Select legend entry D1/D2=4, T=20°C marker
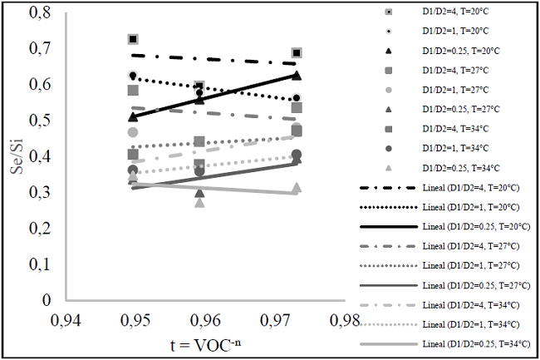click(x=387, y=11)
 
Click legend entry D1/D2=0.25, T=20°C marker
click(x=387, y=51)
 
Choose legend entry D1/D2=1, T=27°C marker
click(x=387, y=90)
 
